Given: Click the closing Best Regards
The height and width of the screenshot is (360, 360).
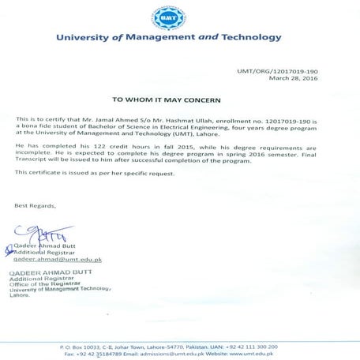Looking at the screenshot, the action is click(x=35, y=205).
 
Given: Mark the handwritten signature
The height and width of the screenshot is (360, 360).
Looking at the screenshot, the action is click(x=36, y=234).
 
